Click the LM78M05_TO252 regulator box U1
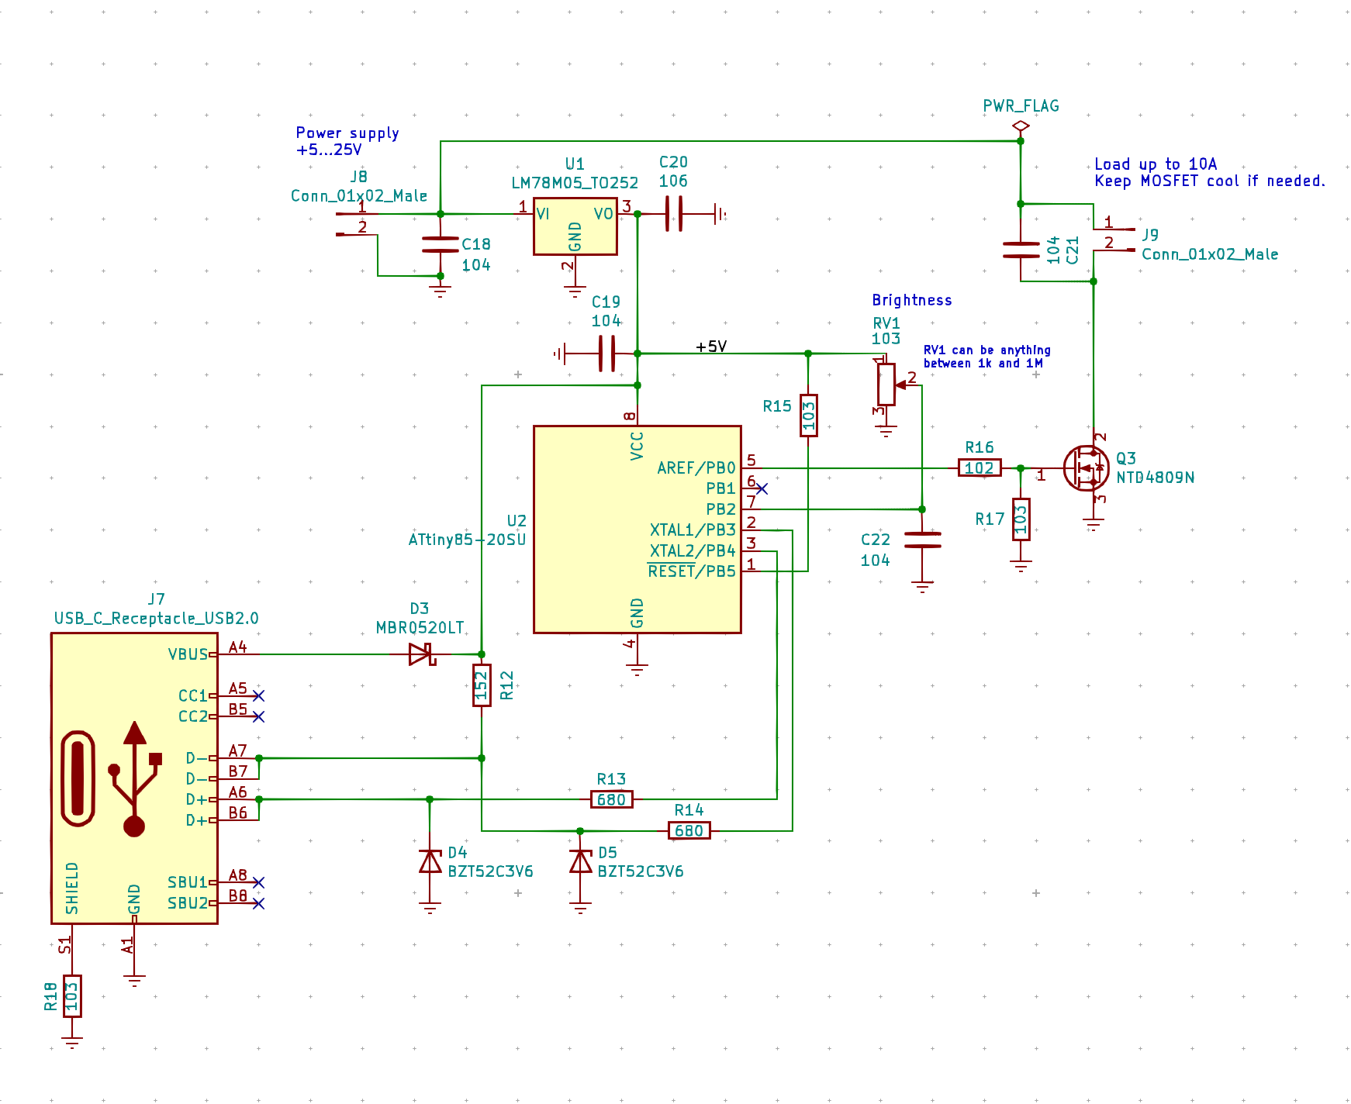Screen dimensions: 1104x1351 pos(575,226)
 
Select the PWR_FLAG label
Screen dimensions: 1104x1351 pos(1021,106)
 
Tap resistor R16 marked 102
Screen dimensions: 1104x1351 pos(980,468)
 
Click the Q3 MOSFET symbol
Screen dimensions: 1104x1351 pos(1086,468)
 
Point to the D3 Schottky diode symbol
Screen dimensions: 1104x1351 pos(422,654)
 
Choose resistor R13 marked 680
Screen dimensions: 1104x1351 pos(612,799)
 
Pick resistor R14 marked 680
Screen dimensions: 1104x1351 pos(689,831)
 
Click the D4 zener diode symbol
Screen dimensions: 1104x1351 pos(430,861)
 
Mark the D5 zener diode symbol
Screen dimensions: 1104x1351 pos(580,861)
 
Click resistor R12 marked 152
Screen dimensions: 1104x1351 pos(482,685)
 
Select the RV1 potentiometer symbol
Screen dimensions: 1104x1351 pos(886,385)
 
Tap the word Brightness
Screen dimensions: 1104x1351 pos(912,301)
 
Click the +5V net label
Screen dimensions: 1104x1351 pos(711,347)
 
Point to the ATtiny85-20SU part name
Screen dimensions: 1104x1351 pos(467,540)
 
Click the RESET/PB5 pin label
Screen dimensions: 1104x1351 pos(692,571)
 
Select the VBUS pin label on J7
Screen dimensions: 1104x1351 pos(188,654)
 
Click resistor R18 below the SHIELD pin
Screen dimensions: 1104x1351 pos(72,995)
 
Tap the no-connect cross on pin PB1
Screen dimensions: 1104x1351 pos(762,488)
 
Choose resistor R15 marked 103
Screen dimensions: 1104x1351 pos(808,416)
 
